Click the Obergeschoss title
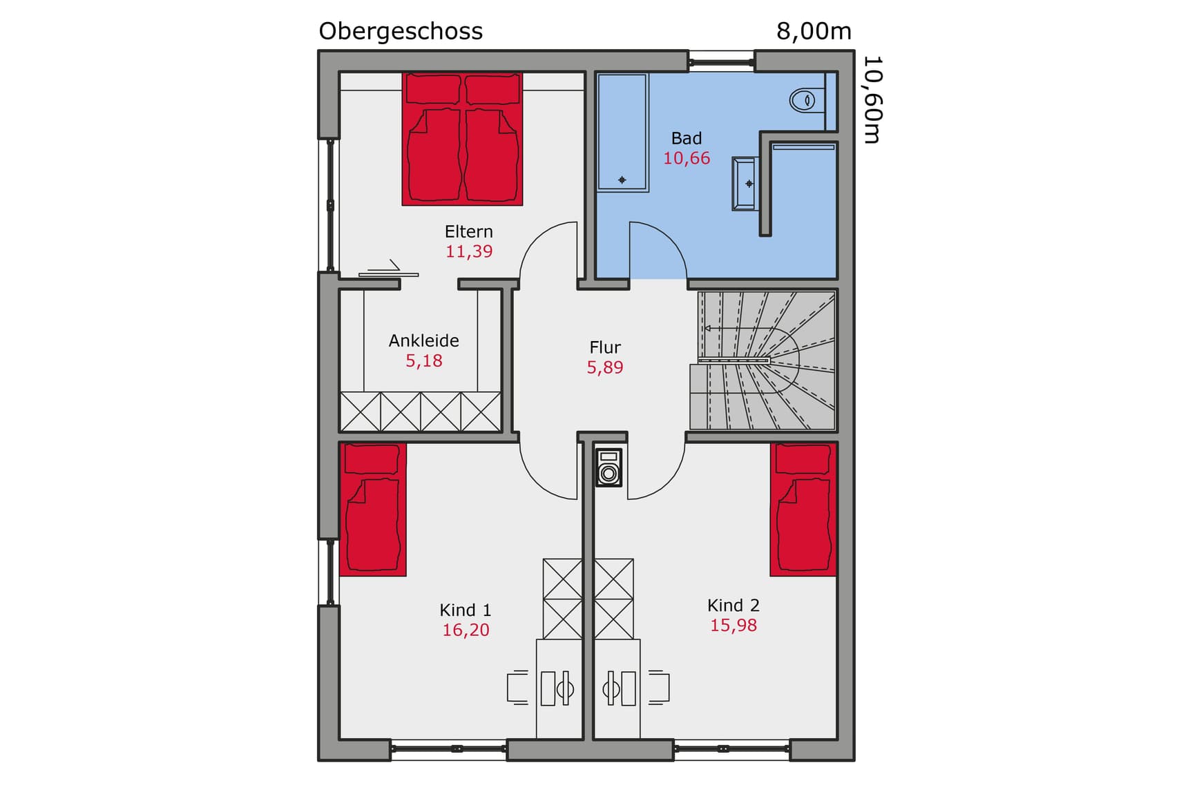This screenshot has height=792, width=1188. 400,31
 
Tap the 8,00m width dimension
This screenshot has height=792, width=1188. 813,31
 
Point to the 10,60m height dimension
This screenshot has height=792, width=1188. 872,99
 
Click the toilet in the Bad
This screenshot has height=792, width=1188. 803,100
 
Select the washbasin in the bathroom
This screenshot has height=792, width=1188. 745,184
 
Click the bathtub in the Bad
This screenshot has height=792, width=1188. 622,131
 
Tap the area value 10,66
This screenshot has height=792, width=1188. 686,158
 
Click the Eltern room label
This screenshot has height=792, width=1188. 468,231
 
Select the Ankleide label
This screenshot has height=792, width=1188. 423,340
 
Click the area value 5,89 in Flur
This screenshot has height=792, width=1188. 604,367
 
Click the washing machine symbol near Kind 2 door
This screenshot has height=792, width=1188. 609,467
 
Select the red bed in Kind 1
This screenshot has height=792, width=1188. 372,510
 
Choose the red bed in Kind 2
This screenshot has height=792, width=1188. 803,510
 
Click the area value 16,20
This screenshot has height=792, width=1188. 466,630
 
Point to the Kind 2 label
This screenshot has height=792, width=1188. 733,606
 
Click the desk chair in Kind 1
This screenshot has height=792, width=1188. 518,688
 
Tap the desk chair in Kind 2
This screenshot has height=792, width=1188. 658,688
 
